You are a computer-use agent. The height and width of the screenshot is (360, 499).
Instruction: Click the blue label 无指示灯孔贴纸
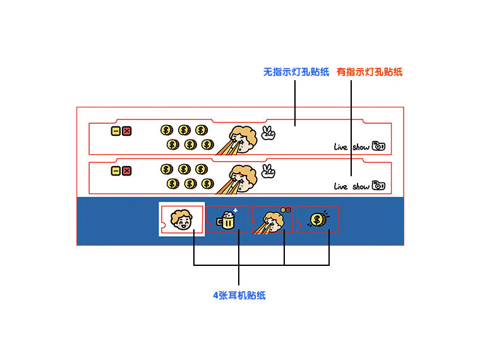296,72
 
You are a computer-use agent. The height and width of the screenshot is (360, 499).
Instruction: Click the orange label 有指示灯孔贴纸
369,72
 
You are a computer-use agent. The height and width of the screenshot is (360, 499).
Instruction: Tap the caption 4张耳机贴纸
239,295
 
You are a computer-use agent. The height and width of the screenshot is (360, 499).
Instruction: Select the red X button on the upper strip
126,131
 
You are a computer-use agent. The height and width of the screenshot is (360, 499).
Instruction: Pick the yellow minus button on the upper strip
116,131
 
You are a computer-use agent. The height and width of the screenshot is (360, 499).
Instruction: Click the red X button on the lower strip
126,171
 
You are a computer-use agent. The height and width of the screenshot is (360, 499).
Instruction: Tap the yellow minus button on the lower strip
116,171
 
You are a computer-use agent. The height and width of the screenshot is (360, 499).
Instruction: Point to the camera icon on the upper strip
378,146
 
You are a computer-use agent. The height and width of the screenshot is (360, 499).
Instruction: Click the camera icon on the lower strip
378,185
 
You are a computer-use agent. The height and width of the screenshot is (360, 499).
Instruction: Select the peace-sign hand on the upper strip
268,133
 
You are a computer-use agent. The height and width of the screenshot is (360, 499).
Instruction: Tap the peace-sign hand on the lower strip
268,171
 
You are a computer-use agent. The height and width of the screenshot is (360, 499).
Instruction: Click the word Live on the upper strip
341,147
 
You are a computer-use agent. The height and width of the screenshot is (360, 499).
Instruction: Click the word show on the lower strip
361,186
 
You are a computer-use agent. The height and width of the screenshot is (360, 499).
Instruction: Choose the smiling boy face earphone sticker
182,220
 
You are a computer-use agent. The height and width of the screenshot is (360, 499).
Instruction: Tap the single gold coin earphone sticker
318,220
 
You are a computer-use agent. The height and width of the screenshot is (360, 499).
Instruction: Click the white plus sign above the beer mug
235,210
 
